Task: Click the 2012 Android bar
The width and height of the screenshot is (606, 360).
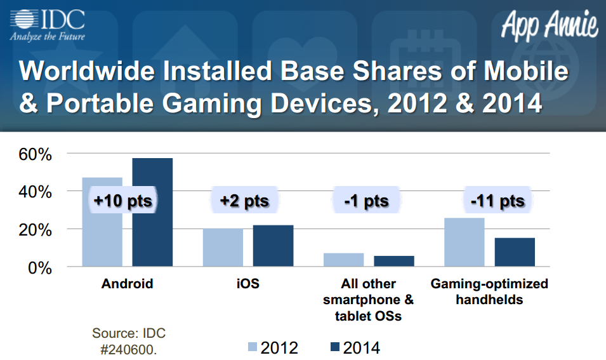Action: point(102,235)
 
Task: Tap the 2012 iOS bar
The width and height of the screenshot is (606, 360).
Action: point(223,248)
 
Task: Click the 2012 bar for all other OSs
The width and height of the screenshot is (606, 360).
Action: point(343,260)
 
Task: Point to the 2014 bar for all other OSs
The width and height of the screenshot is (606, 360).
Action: point(393,261)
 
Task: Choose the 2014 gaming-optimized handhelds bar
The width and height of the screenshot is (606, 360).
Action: point(515,252)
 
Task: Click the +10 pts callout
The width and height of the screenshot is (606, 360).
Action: point(123,201)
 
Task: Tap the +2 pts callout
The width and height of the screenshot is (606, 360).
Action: point(244,201)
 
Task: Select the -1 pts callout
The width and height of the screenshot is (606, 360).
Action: point(366,201)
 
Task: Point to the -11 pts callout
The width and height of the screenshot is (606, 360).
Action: point(497,201)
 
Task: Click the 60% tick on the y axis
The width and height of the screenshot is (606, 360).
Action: point(34,154)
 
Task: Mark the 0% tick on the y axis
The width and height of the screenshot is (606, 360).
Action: point(39,267)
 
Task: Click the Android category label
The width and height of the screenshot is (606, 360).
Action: point(127,284)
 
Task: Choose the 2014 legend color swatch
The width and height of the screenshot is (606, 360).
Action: point(334,347)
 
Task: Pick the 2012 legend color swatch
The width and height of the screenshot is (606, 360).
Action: point(252,347)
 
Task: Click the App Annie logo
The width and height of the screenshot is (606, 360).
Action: point(550,25)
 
